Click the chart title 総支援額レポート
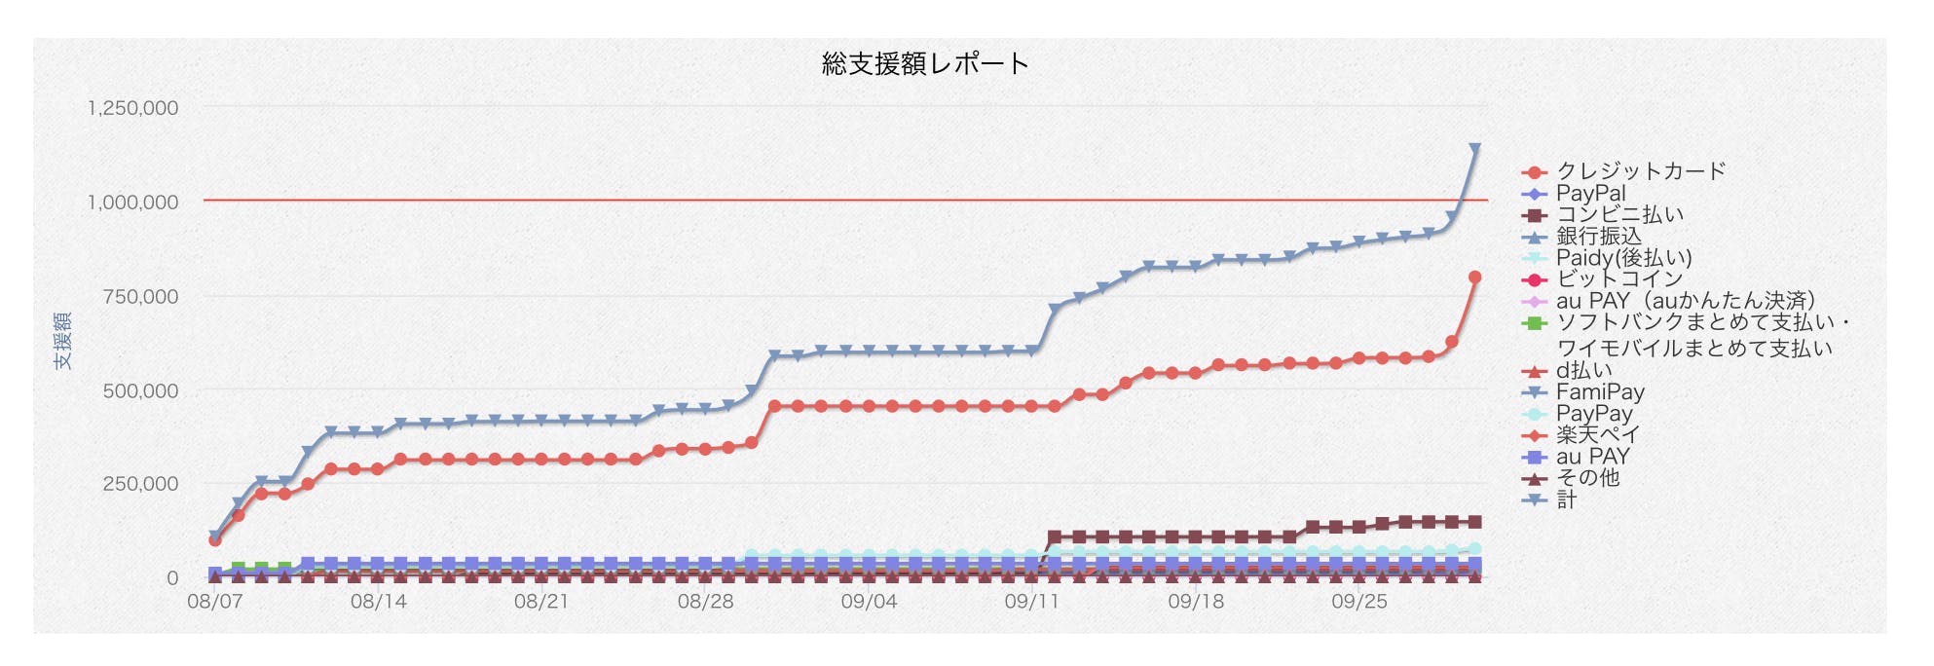tap(925, 64)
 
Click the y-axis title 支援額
tap(63, 341)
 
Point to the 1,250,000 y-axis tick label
tap(133, 108)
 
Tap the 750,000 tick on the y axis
tap(140, 297)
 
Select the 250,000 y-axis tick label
tap(140, 484)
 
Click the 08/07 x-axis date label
tap(214, 602)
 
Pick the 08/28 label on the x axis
tap(705, 602)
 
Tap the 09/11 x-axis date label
tap(1031, 602)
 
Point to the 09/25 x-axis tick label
tap(1358, 602)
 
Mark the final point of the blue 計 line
tap(1474, 149)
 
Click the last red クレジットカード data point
tap(1474, 277)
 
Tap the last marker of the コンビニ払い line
tap(1474, 523)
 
